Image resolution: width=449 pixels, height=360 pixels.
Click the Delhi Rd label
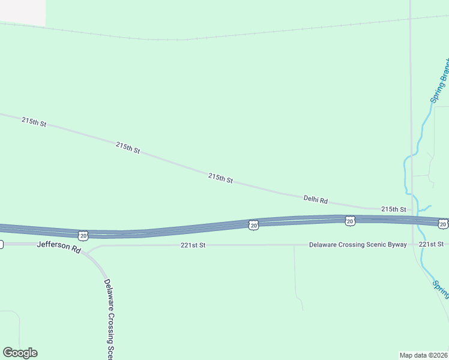pos(316,199)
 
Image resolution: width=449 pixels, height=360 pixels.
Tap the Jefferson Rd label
pos(58,246)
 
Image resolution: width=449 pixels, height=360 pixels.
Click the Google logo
pos(20,353)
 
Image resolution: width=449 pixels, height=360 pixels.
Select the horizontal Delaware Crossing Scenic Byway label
pos(358,245)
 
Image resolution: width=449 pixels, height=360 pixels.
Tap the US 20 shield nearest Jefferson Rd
pos(83,234)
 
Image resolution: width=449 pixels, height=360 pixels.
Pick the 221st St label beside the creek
pos(431,244)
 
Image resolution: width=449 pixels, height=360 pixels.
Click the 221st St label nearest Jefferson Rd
pos(193,245)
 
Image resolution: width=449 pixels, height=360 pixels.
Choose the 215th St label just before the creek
pos(394,209)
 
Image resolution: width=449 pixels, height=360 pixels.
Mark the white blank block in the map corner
pos(22,12)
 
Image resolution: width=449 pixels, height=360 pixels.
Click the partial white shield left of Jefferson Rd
pos(1,244)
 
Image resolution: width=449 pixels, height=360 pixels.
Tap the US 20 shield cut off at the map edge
pos(442,224)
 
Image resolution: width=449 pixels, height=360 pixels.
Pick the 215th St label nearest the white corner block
pos(34,122)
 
